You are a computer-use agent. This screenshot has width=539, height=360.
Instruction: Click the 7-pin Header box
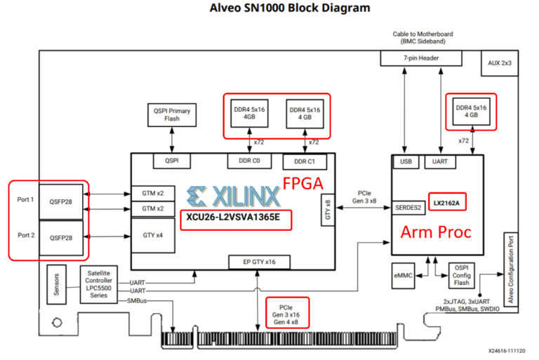tap(421, 58)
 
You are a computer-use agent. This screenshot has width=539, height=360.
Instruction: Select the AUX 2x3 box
tap(500, 63)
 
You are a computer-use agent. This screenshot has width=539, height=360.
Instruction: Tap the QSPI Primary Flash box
tap(172, 115)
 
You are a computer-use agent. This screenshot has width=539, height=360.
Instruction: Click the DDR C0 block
tap(249, 161)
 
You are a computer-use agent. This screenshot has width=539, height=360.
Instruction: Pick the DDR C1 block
tap(305, 161)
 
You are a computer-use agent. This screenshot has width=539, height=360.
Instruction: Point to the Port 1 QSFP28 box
tap(61, 202)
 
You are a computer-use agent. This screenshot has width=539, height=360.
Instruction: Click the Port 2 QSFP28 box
tap(61, 238)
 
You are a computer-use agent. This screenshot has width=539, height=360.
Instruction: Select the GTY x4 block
tap(153, 235)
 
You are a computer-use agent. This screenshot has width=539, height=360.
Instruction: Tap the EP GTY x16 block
tap(259, 262)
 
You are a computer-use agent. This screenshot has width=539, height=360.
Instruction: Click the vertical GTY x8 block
tap(328, 210)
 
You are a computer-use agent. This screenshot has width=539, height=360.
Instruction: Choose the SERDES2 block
tap(408, 208)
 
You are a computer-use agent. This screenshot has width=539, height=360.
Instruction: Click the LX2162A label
tap(446, 203)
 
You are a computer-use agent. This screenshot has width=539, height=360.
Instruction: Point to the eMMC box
tap(403, 276)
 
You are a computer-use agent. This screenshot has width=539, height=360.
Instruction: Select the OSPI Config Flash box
tap(461, 275)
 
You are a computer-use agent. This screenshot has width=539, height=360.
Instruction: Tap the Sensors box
tap(56, 284)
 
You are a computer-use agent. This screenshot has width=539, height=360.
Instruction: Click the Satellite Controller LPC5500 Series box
tap(99, 284)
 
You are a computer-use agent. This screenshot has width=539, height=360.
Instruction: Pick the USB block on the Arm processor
tap(406, 161)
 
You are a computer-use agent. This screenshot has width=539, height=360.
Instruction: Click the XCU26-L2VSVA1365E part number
tap(233, 218)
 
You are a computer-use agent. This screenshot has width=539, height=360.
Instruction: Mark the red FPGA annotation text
tap(303, 184)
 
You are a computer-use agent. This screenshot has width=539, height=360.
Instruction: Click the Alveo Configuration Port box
tap(511, 269)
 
